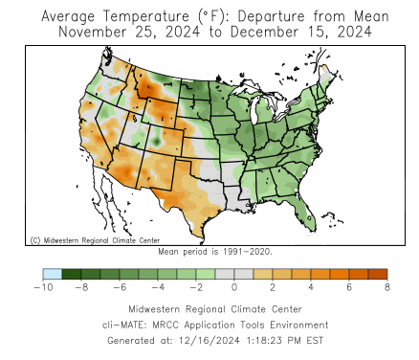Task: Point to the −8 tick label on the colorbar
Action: click(x=81, y=287)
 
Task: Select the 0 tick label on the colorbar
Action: click(x=234, y=287)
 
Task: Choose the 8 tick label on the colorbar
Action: click(x=387, y=287)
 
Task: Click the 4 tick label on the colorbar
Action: click(x=311, y=287)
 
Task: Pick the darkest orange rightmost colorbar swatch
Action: click(x=378, y=274)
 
